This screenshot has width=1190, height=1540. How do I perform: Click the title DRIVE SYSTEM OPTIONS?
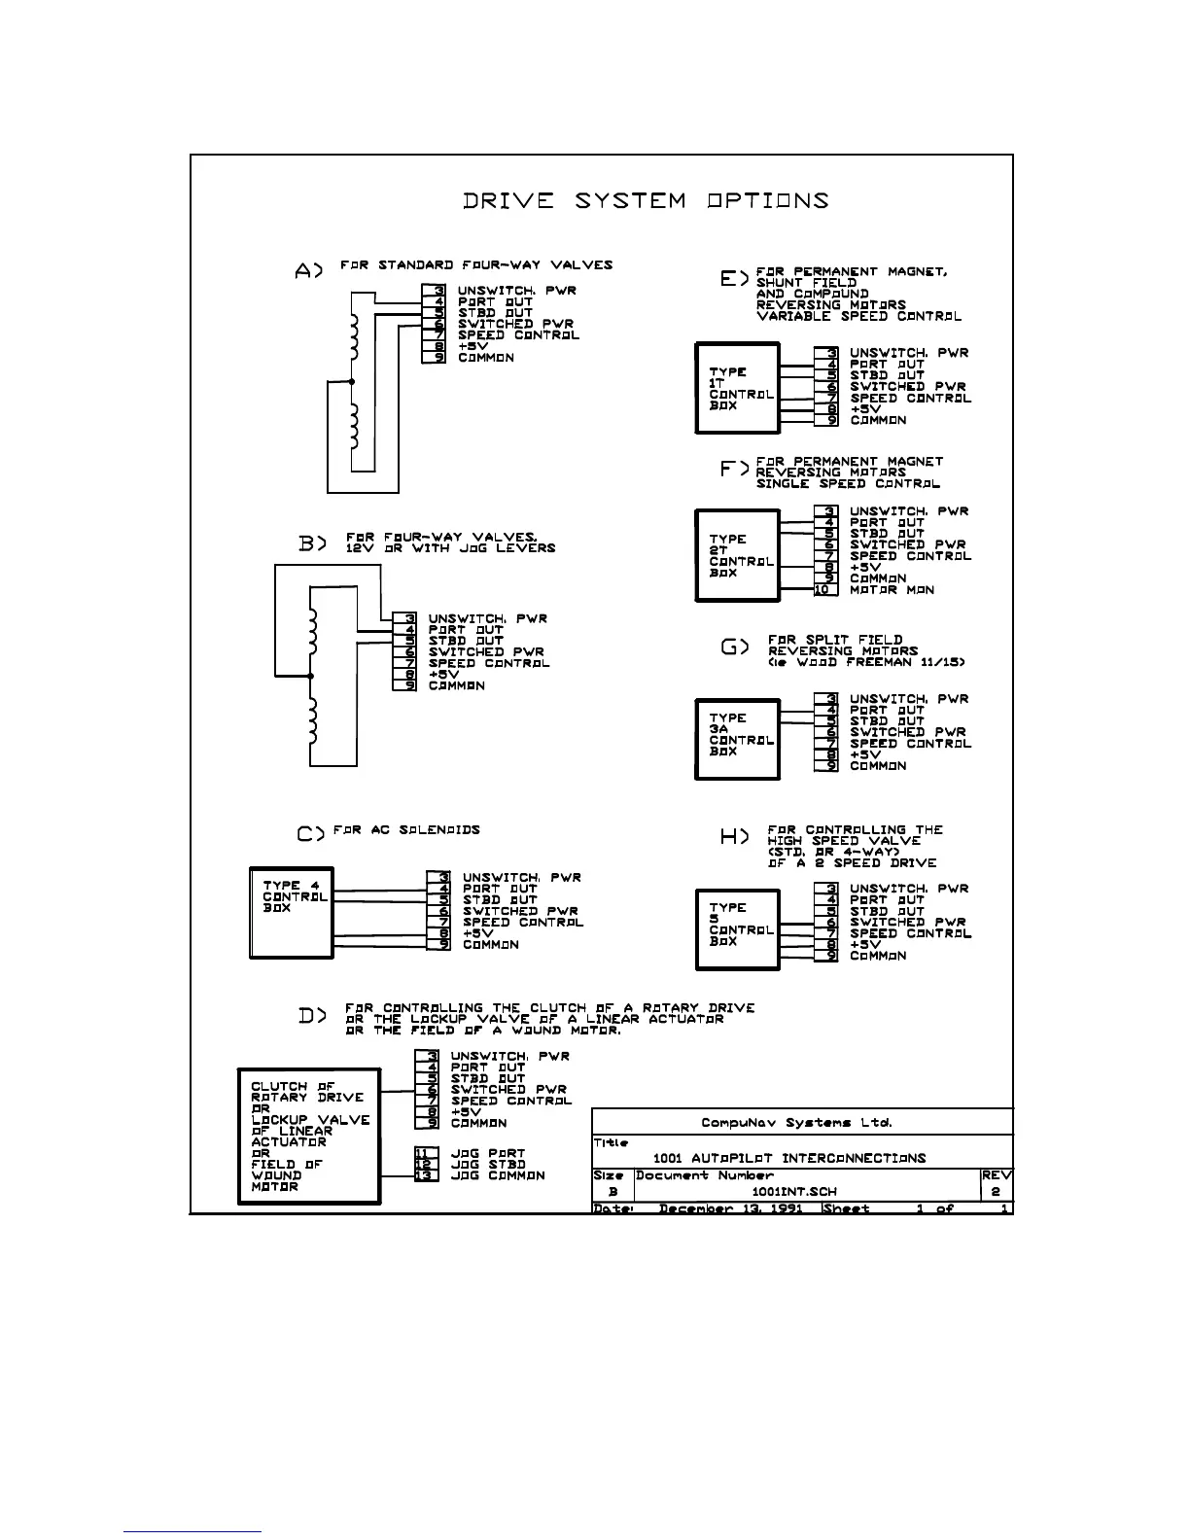[646, 201]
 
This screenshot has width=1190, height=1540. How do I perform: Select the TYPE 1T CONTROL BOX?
[737, 388]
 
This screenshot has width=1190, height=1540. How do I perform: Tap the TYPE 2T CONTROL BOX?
[737, 555]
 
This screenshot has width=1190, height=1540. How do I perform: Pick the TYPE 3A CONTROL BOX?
[737, 739]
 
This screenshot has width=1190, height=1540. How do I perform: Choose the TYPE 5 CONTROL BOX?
[737, 928]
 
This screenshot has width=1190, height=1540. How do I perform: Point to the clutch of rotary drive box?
[309, 1137]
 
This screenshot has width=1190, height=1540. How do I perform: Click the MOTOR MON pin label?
[892, 590]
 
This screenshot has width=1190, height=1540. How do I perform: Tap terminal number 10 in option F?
[825, 590]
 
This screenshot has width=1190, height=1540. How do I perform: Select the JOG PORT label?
[487, 1154]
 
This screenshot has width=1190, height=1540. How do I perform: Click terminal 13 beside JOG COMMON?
[426, 1175]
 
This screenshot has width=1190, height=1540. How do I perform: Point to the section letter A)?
[308, 272]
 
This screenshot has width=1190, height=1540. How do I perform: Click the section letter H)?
[735, 837]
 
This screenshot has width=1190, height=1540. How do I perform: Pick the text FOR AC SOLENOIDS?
[406, 830]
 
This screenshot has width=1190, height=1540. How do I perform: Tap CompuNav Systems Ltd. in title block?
[796, 1123]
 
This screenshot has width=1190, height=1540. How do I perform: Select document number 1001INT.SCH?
[794, 1191]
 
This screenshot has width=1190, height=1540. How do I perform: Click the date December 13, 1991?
[731, 1208]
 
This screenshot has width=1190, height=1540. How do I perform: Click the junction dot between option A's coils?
[351, 382]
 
